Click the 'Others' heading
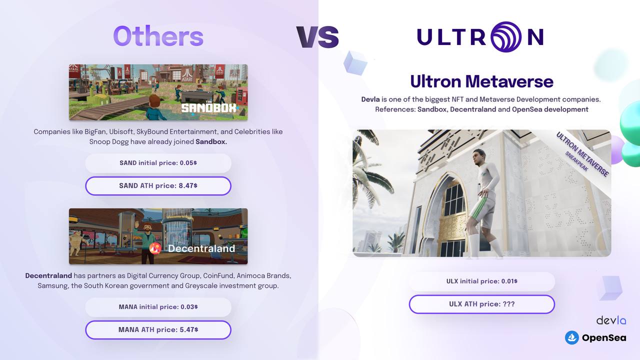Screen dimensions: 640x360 [158, 36]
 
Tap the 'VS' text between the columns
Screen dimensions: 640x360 [317, 37]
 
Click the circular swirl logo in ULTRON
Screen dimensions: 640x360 [506, 37]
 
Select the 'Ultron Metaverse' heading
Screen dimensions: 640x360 [481, 81]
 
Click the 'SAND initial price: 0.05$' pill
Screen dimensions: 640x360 [158, 163]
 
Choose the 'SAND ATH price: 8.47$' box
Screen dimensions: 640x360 [158, 185]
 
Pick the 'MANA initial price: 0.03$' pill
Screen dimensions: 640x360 [158, 307]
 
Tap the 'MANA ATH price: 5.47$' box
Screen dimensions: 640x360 [158, 329]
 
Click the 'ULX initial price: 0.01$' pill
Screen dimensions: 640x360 [481, 281]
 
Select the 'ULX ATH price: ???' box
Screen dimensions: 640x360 [481, 304]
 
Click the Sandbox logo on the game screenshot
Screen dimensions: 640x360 [209, 107]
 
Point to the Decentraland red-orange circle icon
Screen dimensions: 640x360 [155, 248]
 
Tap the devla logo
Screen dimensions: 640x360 [611, 320]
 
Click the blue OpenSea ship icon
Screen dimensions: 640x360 [571, 337]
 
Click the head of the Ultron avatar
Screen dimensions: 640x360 [479, 157]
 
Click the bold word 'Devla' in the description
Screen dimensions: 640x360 [370, 99]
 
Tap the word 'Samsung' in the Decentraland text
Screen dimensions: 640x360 [53, 285]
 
